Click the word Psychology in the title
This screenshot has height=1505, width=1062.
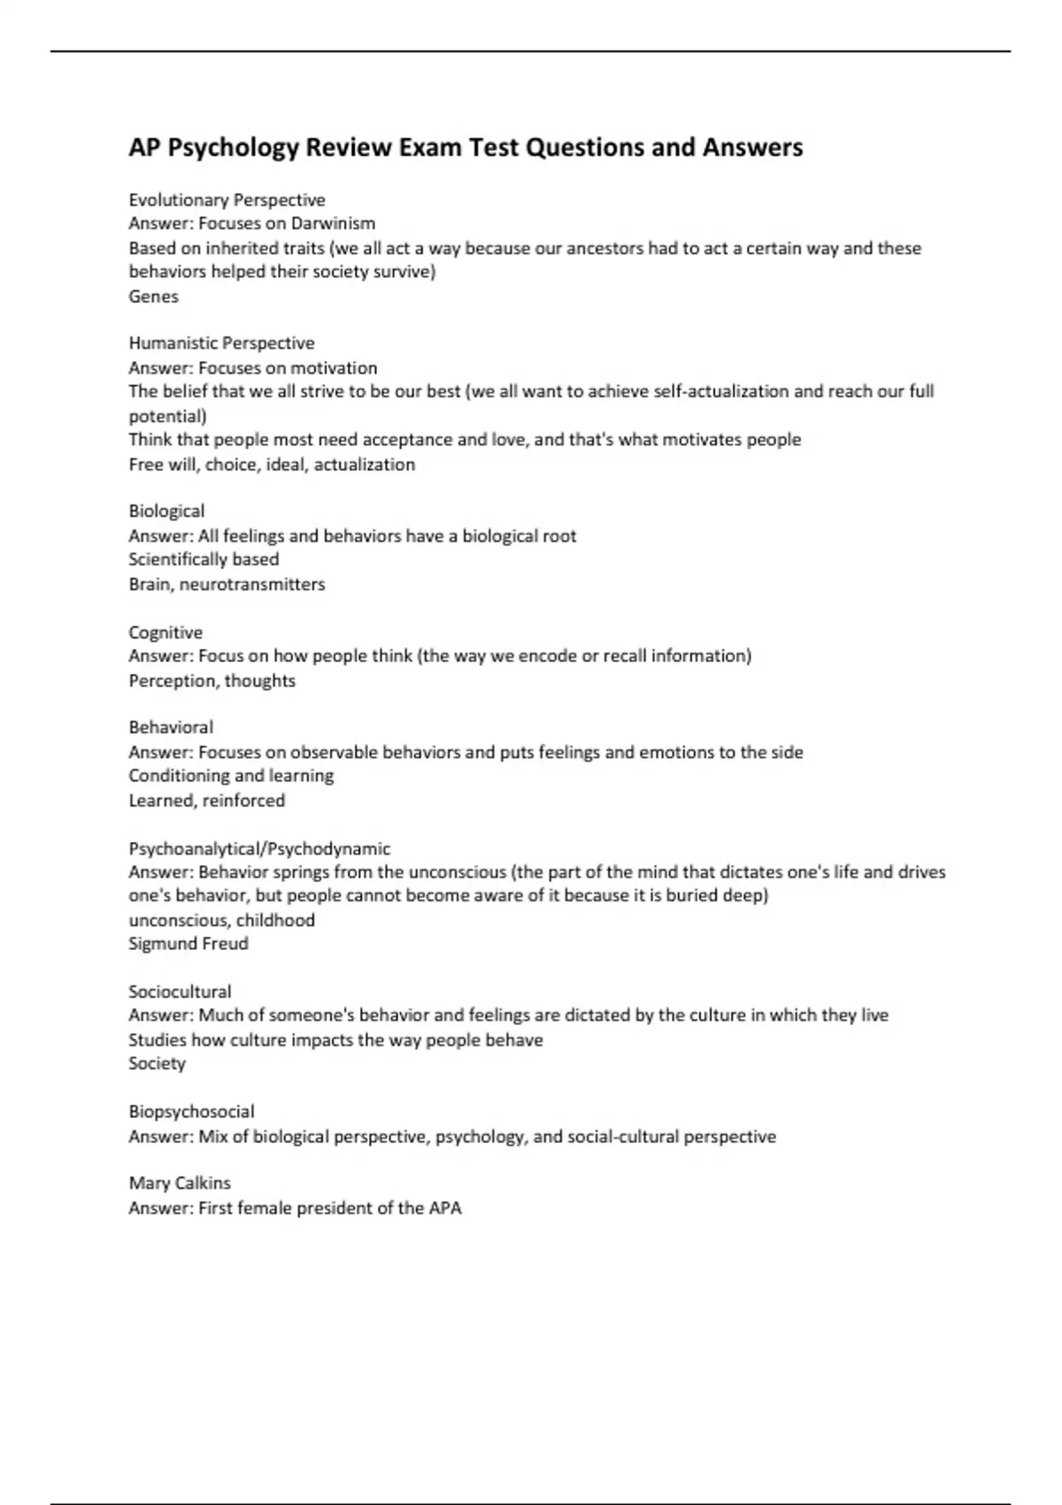[234, 147]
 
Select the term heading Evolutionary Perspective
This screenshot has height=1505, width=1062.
[227, 200]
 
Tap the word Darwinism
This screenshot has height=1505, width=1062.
[333, 223]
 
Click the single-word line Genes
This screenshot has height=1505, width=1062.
[153, 297]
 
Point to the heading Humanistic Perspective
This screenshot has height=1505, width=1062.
[221, 343]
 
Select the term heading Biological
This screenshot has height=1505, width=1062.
[166, 511]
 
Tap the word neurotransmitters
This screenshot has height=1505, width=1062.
[252, 584]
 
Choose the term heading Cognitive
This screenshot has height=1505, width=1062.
[165, 632]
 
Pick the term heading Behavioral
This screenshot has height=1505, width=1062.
[171, 727]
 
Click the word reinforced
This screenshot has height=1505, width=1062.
[243, 800]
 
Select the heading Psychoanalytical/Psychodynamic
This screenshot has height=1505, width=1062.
[259, 848]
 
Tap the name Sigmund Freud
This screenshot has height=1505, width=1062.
[189, 944]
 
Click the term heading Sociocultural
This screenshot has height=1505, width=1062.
[180, 992]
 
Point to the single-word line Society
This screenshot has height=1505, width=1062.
[157, 1063]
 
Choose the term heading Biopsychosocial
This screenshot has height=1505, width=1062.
[191, 1111]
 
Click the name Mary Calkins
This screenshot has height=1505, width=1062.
[180, 1183]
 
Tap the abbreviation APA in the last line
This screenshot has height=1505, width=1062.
[445, 1208]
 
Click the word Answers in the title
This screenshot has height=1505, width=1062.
[752, 147]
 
